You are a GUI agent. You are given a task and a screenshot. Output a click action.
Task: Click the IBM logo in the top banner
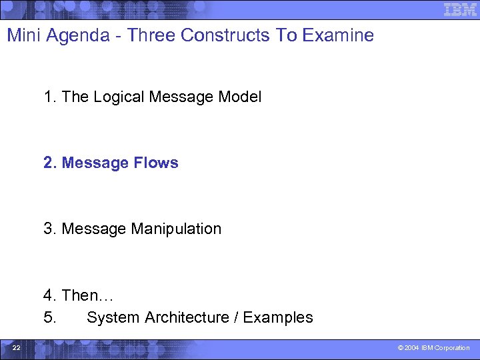(461, 9)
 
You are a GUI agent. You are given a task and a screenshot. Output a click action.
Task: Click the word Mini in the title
(21, 35)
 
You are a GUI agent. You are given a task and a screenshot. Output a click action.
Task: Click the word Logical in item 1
(119, 97)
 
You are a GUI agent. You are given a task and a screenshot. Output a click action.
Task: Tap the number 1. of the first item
(50, 97)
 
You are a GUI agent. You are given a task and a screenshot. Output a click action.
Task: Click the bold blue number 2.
(50, 163)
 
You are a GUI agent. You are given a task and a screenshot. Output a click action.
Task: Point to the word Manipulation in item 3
(176, 229)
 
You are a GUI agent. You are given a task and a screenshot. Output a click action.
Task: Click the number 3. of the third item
(50, 229)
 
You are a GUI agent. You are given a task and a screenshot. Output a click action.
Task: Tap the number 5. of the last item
(50, 317)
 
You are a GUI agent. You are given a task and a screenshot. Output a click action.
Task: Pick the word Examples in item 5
(278, 317)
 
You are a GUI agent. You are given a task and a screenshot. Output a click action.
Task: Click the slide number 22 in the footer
(17, 348)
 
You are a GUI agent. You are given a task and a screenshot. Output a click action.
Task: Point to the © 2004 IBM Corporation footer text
(433, 348)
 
